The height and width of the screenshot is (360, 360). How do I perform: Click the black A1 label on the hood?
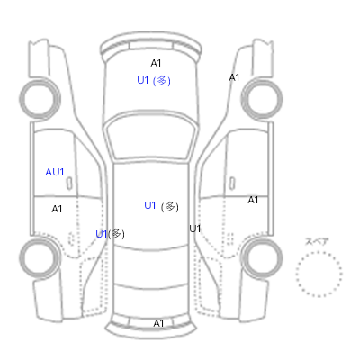pyautogui.click(x=156, y=63)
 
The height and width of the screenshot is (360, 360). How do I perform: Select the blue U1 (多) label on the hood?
pyautogui.click(x=154, y=81)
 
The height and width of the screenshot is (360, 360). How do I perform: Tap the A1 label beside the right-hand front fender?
pyautogui.click(x=234, y=77)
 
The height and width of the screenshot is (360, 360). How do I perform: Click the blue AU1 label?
pyautogui.click(x=55, y=172)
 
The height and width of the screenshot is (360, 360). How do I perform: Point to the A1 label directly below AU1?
pyautogui.click(x=57, y=209)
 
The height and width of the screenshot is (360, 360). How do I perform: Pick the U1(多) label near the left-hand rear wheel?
pyautogui.click(x=110, y=234)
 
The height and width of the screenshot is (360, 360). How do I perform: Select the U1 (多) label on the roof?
pyautogui.click(x=161, y=206)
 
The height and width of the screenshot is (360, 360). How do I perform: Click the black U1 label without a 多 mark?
pyautogui.click(x=194, y=229)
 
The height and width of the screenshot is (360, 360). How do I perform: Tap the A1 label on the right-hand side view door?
pyautogui.click(x=253, y=200)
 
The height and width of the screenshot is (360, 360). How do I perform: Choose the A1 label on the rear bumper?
pyautogui.click(x=158, y=323)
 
